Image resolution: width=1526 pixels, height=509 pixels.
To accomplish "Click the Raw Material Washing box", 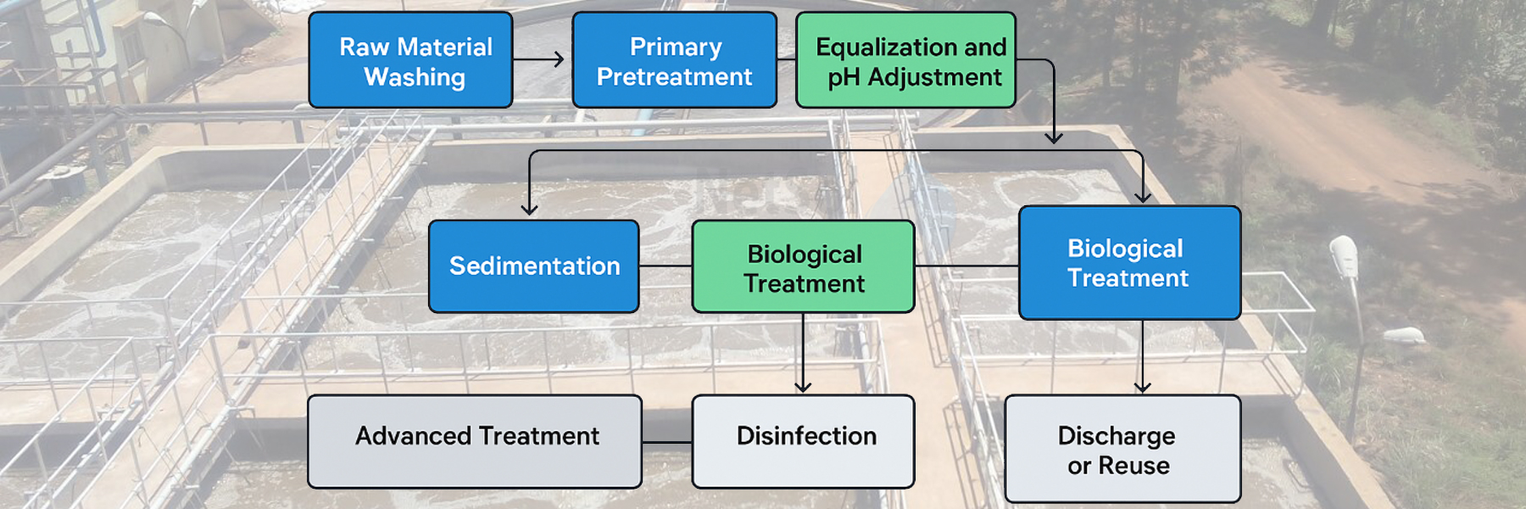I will (410, 60).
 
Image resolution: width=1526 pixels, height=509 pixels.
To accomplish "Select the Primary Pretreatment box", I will (674, 60).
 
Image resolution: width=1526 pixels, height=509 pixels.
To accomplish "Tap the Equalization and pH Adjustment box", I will (905, 60).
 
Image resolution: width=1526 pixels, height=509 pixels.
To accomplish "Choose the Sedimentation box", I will (533, 266).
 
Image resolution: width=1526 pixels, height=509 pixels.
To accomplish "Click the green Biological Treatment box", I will (803, 267).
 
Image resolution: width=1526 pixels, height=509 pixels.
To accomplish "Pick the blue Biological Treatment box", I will (1129, 263).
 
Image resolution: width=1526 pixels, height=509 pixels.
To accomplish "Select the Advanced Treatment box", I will (474, 441).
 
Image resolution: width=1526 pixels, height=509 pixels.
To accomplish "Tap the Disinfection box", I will (803, 441).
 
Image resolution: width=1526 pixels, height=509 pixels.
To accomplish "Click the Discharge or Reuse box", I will (1122, 449).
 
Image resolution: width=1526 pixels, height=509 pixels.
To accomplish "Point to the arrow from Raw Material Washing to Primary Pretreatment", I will (538, 59).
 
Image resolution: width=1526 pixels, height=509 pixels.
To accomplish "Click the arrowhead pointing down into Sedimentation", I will (530, 208).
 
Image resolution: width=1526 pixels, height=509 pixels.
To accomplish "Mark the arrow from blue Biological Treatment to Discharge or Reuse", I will (1143, 356).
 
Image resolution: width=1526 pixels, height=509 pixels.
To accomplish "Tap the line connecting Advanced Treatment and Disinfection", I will (667, 442).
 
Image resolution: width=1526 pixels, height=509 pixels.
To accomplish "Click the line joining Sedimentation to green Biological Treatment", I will (666, 266).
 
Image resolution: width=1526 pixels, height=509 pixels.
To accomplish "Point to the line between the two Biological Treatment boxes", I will (966, 266).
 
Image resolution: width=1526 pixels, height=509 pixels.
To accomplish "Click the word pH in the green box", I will (844, 77).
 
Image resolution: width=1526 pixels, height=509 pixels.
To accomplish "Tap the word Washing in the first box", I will (415, 77).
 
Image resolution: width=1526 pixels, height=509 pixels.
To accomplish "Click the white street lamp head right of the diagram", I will (1345, 255).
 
